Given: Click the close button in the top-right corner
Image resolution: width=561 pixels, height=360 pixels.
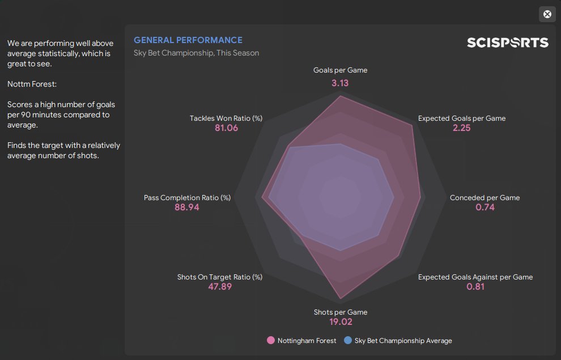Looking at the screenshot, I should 547,14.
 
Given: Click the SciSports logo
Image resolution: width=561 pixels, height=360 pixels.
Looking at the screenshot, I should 507,43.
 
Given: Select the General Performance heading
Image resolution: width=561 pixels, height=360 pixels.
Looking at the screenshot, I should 188,40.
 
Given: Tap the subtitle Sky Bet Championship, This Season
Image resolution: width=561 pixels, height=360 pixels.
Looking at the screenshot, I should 196,53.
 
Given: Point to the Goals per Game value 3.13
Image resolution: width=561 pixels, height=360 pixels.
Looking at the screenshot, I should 340,83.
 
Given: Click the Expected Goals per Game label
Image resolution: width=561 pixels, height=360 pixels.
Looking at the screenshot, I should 462,118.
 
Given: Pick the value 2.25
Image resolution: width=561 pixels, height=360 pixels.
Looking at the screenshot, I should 461,128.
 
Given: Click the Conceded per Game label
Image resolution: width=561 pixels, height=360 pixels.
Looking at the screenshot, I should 484,198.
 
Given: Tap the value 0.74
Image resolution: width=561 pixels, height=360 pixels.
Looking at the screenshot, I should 485,207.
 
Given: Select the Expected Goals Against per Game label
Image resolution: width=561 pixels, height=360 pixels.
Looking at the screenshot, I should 475,277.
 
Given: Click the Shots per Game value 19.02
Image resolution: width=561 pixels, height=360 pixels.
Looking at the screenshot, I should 340,322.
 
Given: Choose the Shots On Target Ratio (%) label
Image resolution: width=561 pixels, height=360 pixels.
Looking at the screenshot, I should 220,277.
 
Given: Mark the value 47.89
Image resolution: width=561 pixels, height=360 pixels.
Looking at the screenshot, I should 220,287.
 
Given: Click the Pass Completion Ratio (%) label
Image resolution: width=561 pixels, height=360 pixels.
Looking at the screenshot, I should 187,198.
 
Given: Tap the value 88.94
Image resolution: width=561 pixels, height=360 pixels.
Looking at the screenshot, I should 187,207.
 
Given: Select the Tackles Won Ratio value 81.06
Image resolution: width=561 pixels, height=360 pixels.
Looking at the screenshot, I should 226,128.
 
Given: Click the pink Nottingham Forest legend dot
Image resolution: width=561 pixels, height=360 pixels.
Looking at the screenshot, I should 271,341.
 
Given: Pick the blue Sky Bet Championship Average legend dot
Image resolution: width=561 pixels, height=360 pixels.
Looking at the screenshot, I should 347,341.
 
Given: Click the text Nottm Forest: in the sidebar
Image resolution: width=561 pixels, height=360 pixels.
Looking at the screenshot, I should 32,84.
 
